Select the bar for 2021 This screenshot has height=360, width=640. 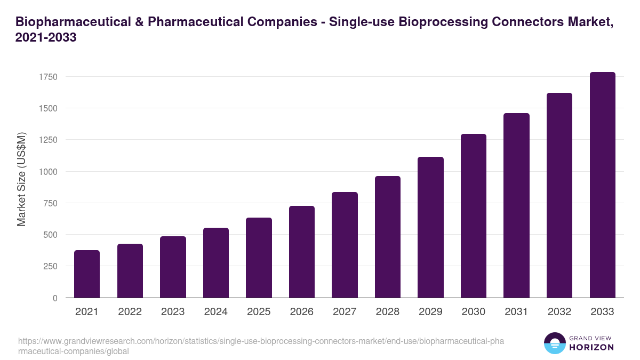tap(87, 274)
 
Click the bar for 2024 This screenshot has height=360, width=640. tap(216, 263)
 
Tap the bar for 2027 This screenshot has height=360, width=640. tap(345, 245)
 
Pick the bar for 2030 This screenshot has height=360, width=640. tap(474, 216)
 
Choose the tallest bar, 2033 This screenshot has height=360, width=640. tap(603, 185)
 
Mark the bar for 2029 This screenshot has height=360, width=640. tap(430, 227)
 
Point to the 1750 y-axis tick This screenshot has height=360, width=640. tap(47, 77)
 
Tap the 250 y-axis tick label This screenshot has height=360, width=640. tap(50, 266)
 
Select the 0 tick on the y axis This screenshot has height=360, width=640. tap(55, 298)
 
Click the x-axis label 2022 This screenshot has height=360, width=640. tap(130, 312)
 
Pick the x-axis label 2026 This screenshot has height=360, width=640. tap(302, 312)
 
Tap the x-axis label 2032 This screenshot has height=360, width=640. tap(559, 312)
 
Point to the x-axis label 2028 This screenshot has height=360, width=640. tap(388, 312)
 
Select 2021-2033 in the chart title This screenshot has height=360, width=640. tap(46, 38)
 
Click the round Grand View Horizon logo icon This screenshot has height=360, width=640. tap(555, 343)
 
